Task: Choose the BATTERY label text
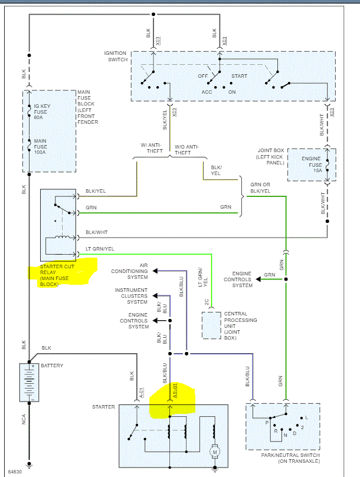tap(52, 366)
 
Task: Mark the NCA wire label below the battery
tap(24, 419)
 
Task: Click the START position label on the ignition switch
tap(239, 76)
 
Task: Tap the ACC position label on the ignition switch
tap(206, 93)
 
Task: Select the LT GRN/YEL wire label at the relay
tap(101, 249)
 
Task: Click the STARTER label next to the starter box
tap(104, 407)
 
